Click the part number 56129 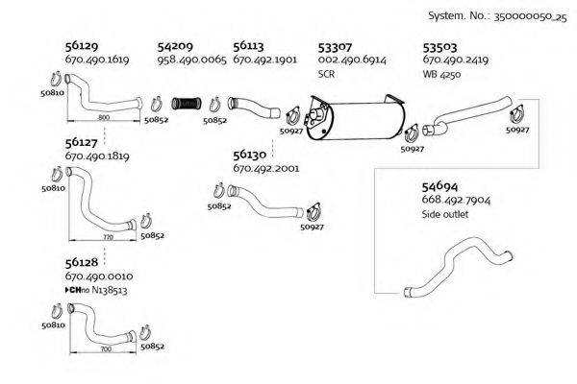[82, 45]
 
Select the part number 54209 [175, 45]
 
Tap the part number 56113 [249, 45]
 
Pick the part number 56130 [250, 154]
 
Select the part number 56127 [82, 141]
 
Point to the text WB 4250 [443, 73]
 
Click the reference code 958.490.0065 [191, 60]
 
